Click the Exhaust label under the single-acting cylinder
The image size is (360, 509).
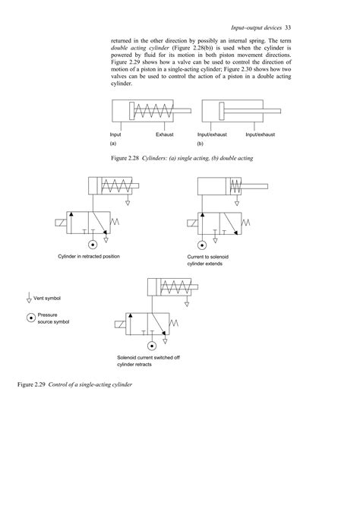165,135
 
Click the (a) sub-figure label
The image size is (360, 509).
113,143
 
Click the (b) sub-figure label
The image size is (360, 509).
201,143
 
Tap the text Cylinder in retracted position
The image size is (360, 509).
90,257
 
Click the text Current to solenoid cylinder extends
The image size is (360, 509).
208,261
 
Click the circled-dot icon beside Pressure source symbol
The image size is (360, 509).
30,318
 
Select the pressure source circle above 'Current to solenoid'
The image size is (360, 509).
203,244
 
